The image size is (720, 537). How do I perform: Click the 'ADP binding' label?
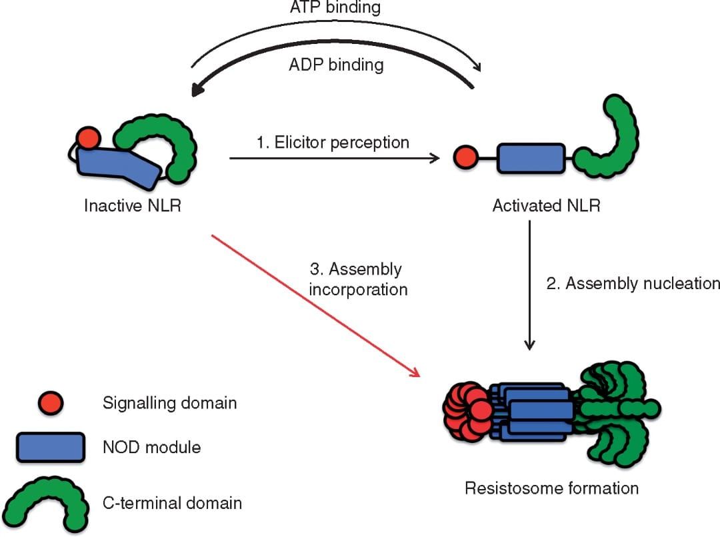336,65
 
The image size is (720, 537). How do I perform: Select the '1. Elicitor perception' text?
333,143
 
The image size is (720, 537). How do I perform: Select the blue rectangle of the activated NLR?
532,159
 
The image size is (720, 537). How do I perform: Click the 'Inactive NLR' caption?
133,205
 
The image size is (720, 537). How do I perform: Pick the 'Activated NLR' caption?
546,205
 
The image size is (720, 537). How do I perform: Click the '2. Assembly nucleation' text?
632,283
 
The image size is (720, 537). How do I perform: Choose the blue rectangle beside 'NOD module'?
51,446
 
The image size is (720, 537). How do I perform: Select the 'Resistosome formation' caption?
551,488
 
